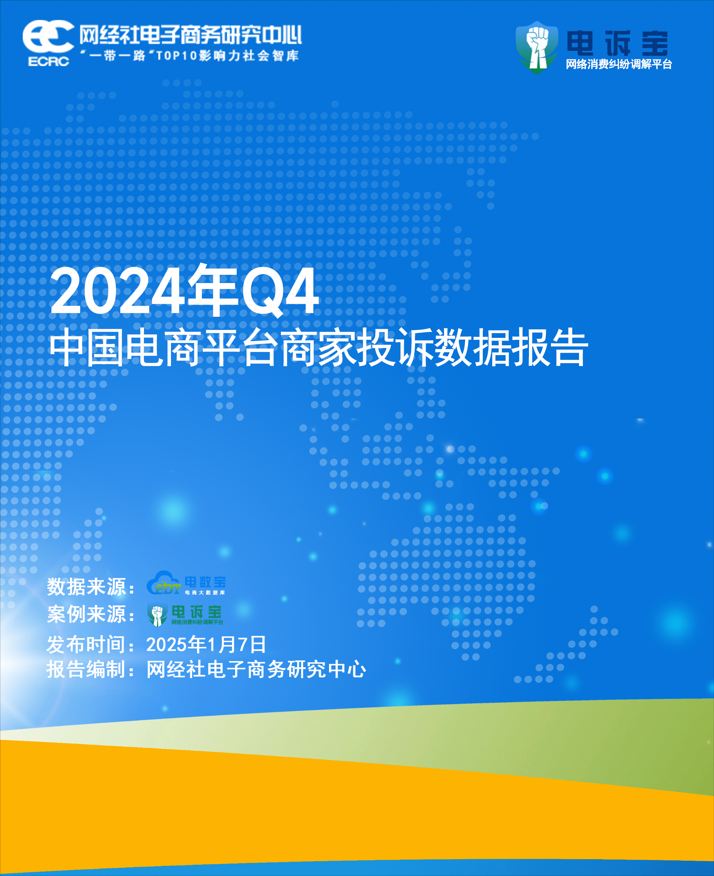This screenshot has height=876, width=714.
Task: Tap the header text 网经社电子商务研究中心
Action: click(x=191, y=34)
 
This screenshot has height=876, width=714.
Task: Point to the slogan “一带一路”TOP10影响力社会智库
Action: click(x=190, y=56)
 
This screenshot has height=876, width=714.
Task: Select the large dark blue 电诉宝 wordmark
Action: click(x=617, y=43)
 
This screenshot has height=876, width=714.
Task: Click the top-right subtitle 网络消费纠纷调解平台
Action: click(x=619, y=64)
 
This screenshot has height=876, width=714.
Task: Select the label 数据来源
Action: click(x=86, y=587)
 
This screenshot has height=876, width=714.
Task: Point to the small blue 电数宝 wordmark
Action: click(x=205, y=582)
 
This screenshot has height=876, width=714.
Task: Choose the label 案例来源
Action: click(x=86, y=614)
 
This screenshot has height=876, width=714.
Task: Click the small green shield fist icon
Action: click(x=157, y=614)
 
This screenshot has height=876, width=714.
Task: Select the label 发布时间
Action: click(x=86, y=644)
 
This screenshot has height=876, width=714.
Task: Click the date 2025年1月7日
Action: click(x=206, y=644)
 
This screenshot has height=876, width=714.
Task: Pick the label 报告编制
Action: click(x=86, y=669)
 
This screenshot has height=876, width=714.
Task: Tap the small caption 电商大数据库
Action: click(x=205, y=592)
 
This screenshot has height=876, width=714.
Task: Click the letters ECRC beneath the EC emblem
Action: click(x=49, y=61)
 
